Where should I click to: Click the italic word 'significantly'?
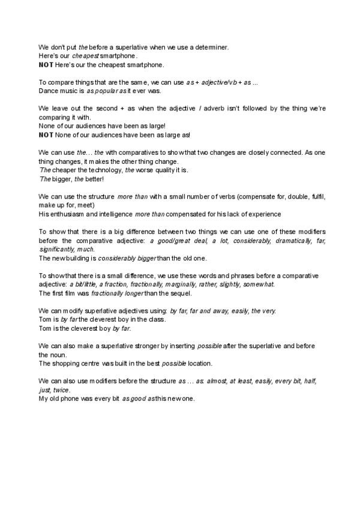click(x=59, y=249)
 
